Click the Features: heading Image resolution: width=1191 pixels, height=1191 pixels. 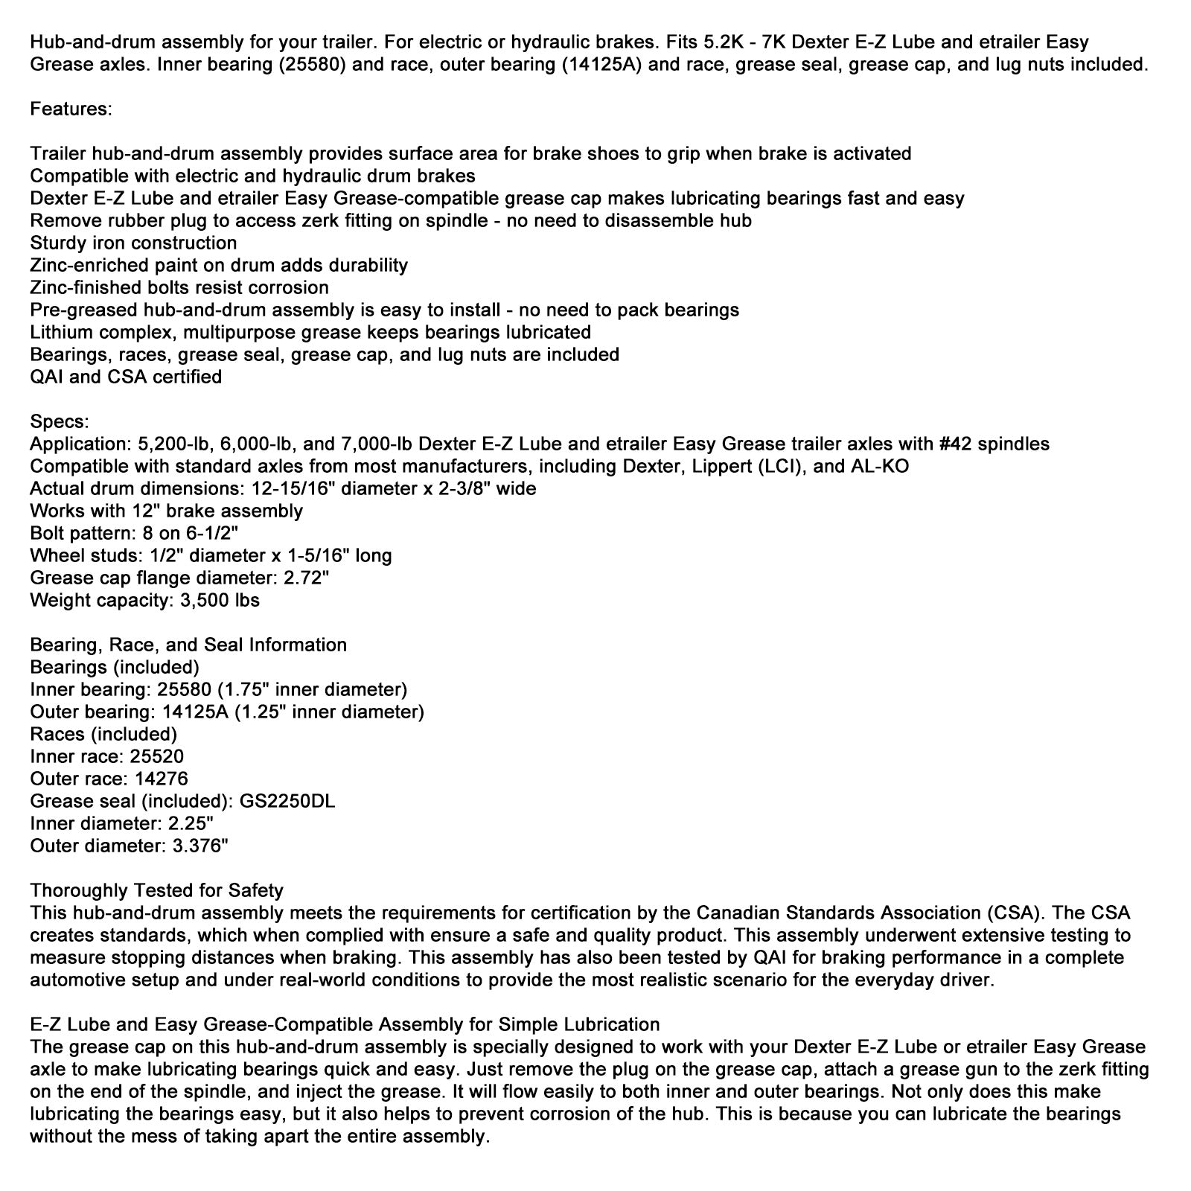71,109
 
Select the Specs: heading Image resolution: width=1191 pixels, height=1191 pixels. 59,421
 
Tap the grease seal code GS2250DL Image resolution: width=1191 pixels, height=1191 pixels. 287,801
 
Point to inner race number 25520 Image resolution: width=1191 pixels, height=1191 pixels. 156,756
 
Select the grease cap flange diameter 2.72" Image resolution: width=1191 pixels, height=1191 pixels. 304,578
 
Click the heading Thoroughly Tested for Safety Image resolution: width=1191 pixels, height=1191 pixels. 156,890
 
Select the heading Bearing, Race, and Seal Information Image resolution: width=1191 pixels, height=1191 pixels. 188,645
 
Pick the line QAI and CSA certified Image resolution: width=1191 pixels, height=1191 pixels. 126,377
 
